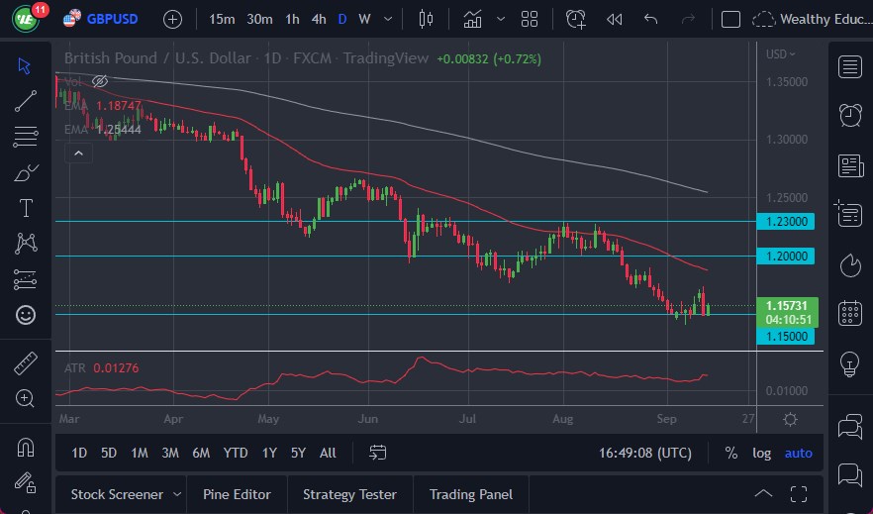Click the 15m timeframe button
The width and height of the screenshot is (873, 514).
coord(223,19)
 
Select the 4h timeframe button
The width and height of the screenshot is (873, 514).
coord(318,19)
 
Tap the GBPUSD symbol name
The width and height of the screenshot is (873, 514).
coord(112,19)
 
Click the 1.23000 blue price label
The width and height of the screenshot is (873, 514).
coord(785,222)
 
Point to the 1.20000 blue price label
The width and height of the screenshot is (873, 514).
coord(785,257)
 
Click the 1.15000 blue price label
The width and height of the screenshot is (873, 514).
coord(785,337)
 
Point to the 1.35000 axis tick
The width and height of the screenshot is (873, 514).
coord(787,81)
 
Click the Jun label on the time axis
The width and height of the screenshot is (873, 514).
coord(368,419)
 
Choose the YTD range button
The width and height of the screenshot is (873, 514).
coord(236,453)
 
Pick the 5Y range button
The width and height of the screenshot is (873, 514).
coord(298,453)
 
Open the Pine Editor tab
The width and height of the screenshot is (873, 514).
coord(237,494)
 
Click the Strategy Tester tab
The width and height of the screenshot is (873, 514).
coord(349,494)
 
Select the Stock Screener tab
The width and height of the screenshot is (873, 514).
coord(116,494)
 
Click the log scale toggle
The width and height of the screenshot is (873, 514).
coord(761,453)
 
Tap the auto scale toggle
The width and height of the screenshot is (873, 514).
coord(798,453)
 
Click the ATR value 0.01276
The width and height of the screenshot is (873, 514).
coord(116,368)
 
